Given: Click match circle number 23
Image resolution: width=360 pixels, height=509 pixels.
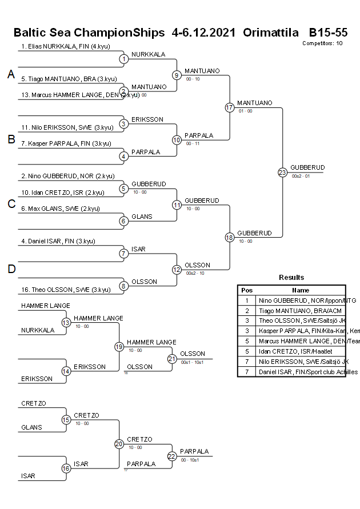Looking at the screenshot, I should (282, 172).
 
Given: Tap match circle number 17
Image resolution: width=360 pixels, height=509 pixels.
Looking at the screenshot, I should (230, 107).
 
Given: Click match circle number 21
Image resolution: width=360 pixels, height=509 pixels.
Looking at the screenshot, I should (172, 358).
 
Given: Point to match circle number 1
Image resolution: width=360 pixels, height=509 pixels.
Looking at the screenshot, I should (123, 58).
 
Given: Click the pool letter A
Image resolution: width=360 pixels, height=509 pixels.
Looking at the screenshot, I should (10, 74).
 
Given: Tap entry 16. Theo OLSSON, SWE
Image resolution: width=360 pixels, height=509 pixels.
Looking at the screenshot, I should (66, 290).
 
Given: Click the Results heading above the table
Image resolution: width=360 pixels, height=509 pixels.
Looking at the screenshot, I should (291, 278).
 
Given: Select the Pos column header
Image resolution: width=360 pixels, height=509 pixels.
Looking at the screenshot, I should (247, 290).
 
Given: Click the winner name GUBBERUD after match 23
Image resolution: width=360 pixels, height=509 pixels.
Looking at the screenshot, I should (307, 167).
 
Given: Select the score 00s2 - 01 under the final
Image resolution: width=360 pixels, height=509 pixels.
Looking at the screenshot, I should (301, 177).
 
